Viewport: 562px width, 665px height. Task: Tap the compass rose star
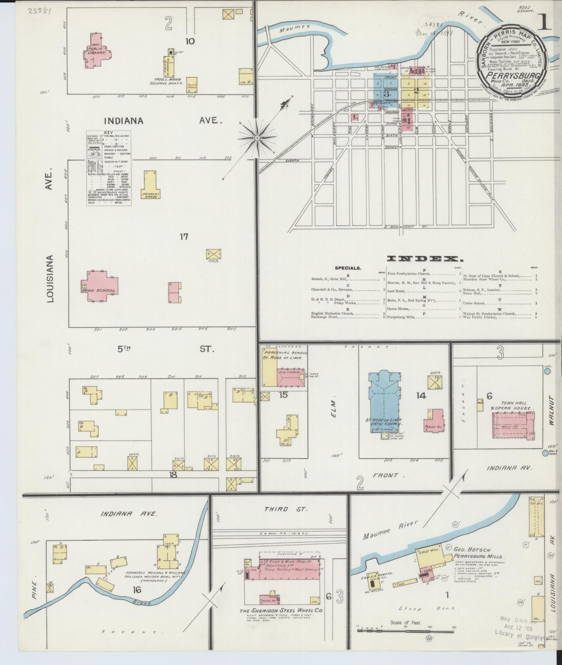point(257,138)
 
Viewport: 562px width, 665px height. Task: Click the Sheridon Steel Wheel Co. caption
point(281,611)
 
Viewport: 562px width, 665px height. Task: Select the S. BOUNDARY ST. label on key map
point(405,227)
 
